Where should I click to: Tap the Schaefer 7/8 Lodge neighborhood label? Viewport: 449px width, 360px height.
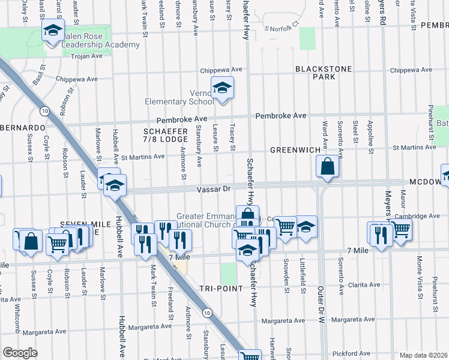coord(166,135)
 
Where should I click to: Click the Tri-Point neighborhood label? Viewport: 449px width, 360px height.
coord(222,289)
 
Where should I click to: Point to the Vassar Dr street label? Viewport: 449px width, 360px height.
coord(214,189)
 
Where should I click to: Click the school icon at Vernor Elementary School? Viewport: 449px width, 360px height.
coord(222,89)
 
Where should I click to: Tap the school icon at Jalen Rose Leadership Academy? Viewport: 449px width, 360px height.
coord(53,30)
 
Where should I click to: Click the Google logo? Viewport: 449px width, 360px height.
coord(20,353)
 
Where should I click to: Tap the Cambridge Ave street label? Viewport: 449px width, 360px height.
coord(418,216)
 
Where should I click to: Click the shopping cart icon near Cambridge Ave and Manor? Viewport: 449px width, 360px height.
coord(400,229)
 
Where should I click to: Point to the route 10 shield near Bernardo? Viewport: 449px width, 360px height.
coord(44,111)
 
